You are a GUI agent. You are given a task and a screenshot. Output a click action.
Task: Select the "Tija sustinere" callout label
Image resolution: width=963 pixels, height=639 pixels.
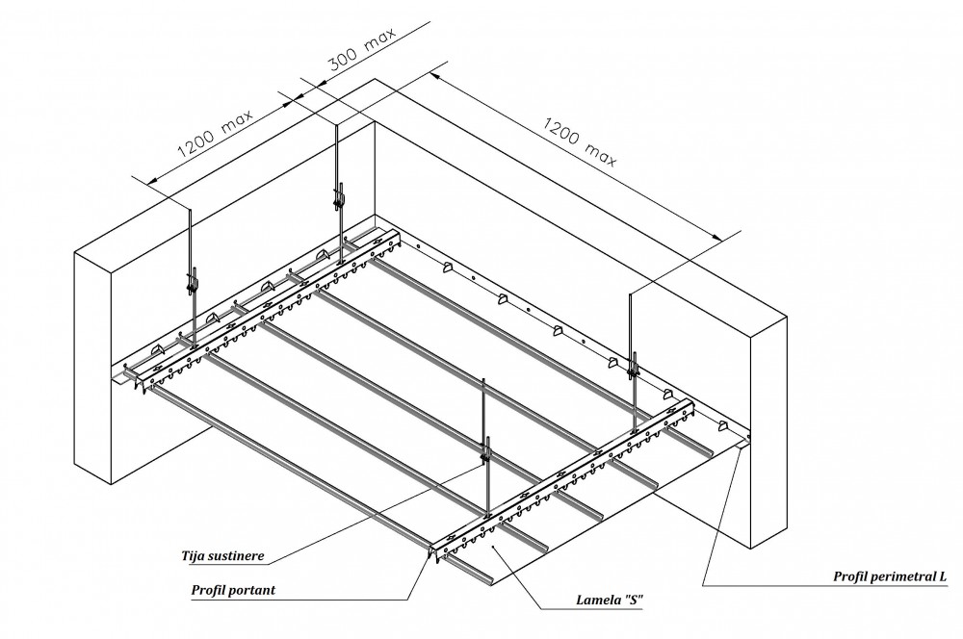[x=222, y=555]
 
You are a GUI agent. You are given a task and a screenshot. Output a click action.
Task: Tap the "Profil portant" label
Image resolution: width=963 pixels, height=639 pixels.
[x=234, y=589]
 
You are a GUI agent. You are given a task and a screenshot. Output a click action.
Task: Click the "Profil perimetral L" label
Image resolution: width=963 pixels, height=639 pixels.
[x=891, y=576]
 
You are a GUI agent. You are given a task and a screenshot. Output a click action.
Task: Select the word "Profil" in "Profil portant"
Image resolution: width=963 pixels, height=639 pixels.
[x=209, y=589]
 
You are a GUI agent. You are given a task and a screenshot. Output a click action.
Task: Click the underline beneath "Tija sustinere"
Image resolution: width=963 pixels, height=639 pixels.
[x=222, y=565]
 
